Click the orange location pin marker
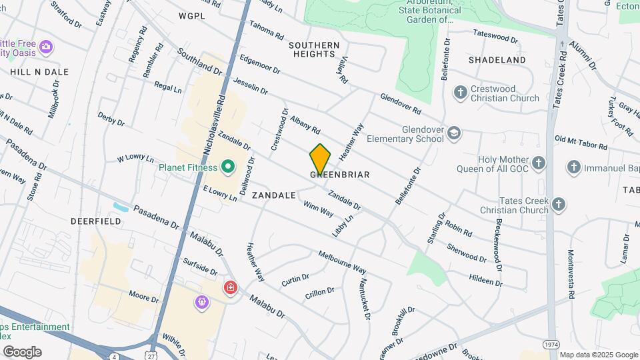pos(320,159)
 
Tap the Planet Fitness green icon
pos(227,166)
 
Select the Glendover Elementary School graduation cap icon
pos(454,133)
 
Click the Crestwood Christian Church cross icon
pos(460,92)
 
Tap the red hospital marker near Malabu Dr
pos(231,288)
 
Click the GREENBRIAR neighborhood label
pos(340,175)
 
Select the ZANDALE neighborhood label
pos(273,195)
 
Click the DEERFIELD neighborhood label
pos(97,221)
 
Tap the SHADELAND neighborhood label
pos(497,60)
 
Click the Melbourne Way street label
pos(342,262)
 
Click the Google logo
pos(22,352)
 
